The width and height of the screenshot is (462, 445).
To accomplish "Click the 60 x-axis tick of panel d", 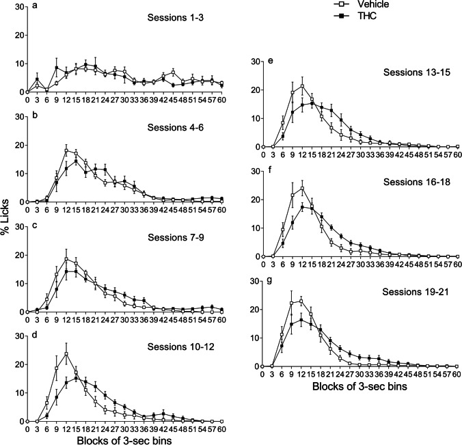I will pos(222,429).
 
